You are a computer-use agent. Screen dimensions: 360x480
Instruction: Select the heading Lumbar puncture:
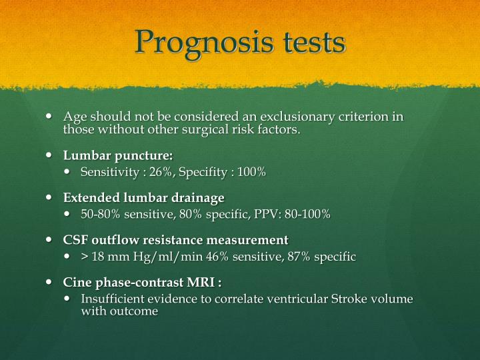pyautogui.click(x=118, y=155)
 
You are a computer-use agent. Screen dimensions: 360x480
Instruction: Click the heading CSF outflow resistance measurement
pyautogui.click(x=176, y=239)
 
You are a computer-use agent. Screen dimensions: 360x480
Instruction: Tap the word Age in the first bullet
pyautogui.click(x=73, y=117)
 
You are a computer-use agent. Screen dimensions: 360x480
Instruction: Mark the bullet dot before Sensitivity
pyautogui.click(x=71, y=173)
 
